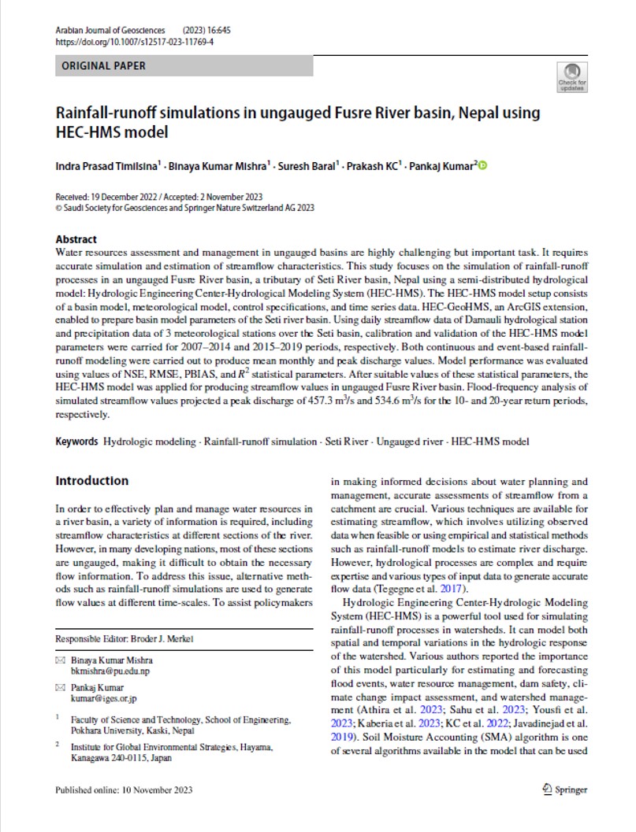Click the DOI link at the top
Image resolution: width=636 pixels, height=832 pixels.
(x=135, y=42)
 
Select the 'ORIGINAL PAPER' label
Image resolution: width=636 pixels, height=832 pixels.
(x=103, y=66)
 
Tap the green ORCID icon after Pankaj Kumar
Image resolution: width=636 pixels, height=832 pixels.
(x=483, y=165)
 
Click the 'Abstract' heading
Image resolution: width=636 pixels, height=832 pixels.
(x=76, y=239)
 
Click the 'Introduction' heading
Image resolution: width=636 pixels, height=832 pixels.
(x=91, y=481)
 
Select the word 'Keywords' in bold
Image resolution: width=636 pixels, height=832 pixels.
(x=77, y=442)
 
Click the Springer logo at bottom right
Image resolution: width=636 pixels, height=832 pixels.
(x=564, y=789)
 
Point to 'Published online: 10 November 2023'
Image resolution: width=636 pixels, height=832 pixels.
(x=124, y=789)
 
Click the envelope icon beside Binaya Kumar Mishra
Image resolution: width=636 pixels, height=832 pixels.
(x=60, y=660)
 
